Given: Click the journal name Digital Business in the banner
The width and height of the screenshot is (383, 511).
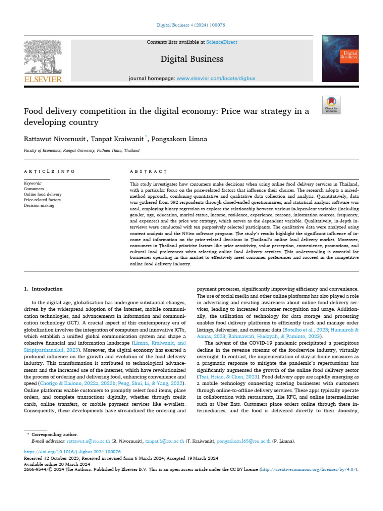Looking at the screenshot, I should coord(191,59).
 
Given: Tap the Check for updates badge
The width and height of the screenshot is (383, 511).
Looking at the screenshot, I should coord(345,104).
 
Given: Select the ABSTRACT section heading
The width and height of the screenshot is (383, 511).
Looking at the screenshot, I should coord(148,171).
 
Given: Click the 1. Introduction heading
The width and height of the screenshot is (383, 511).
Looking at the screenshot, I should coord(44,289).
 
